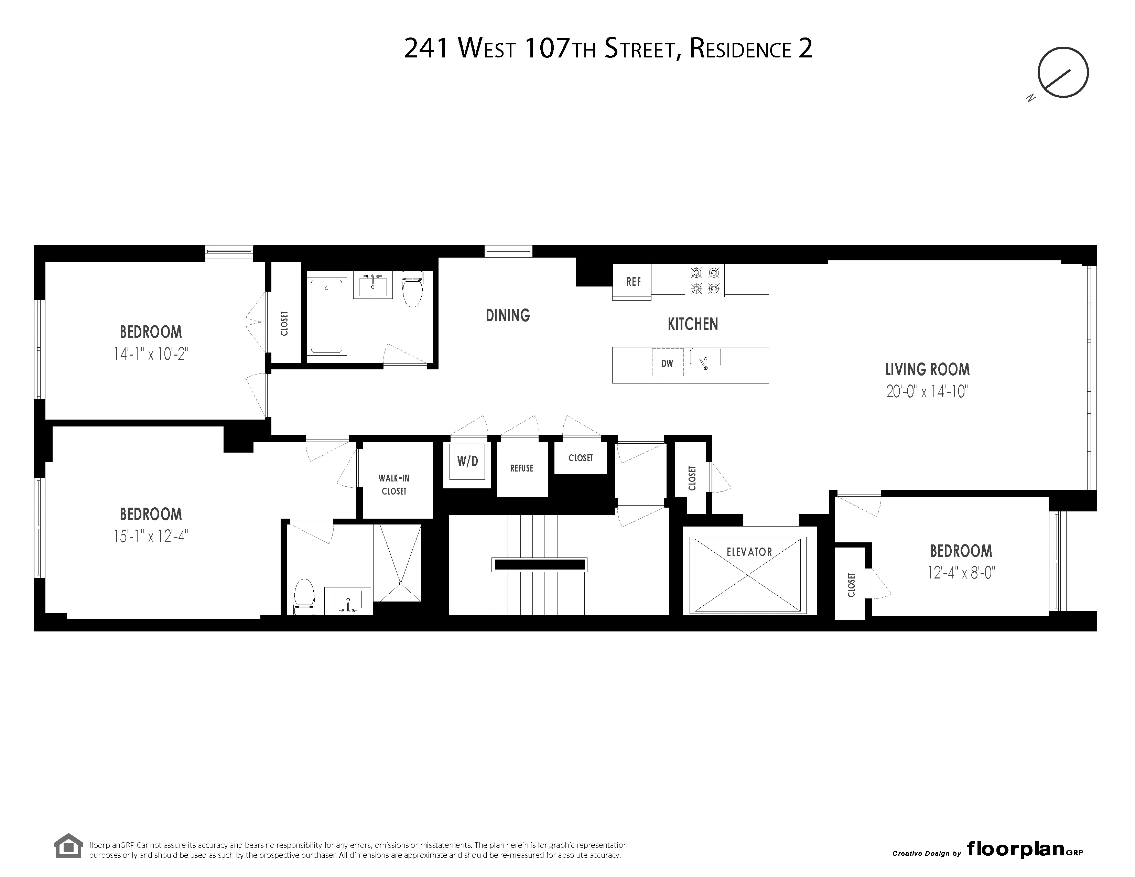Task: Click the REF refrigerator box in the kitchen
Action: (x=632, y=282)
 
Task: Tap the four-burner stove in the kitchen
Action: (x=704, y=281)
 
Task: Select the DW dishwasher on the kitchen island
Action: (x=667, y=363)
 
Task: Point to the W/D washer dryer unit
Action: (x=467, y=461)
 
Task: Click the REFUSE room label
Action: (x=522, y=468)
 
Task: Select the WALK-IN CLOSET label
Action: (x=394, y=484)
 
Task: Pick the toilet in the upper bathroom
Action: (x=413, y=289)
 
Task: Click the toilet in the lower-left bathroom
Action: (x=304, y=596)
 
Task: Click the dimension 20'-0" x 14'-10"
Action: (x=927, y=392)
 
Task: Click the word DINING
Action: (x=508, y=315)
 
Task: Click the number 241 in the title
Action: (x=426, y=50)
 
